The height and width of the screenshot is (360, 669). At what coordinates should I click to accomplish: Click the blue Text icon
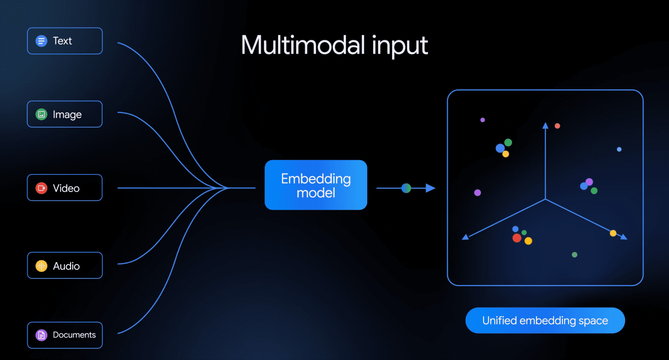tap(41, 41)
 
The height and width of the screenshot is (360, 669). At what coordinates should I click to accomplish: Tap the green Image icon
tap(41, 114)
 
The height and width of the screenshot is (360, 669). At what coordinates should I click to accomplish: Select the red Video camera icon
tap(41, 188)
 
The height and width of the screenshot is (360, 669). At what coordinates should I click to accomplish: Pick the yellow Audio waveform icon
tap(41, 266)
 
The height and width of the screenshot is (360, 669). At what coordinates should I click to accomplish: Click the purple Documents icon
tap(41, 335)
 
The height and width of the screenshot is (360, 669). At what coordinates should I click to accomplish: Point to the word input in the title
tap(400, 46)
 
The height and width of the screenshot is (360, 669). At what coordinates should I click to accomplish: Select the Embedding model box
tap(316, 185)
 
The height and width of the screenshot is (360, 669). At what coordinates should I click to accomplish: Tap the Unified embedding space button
tap(545, 320)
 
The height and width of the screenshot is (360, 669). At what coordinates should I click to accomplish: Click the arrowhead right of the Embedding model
tap(431, 188)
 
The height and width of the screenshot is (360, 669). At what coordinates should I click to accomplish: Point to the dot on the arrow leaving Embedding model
tap(406, 188)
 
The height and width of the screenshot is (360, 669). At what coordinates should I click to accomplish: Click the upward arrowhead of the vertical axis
tap(545, 125)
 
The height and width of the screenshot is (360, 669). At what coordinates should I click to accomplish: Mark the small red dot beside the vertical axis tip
tap(557, 126)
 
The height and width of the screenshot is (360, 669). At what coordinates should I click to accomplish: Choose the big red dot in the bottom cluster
tap(517, 238)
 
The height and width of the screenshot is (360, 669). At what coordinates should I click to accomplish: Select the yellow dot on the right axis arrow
tap(613, 233)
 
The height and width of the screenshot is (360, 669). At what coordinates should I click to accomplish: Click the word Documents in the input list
tap(74, 335)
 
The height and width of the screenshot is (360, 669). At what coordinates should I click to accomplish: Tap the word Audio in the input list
tap(66, 266)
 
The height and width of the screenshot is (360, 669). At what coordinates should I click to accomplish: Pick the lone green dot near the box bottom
tap(575, 255)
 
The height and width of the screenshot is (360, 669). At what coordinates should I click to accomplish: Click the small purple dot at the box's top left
tap(482, 120)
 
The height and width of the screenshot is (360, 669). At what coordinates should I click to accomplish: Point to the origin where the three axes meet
tap(545, 199)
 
